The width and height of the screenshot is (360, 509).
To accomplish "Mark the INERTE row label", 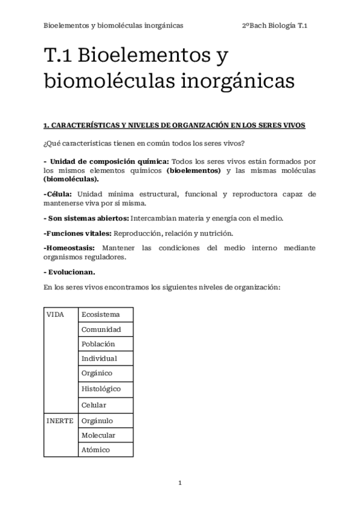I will tap(59, 421).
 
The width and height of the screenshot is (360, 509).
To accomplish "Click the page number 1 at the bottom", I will tap(179, 483).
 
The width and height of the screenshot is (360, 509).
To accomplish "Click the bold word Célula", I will tap(58, 194).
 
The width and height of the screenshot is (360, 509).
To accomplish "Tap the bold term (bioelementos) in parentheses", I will tap(193, 170).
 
